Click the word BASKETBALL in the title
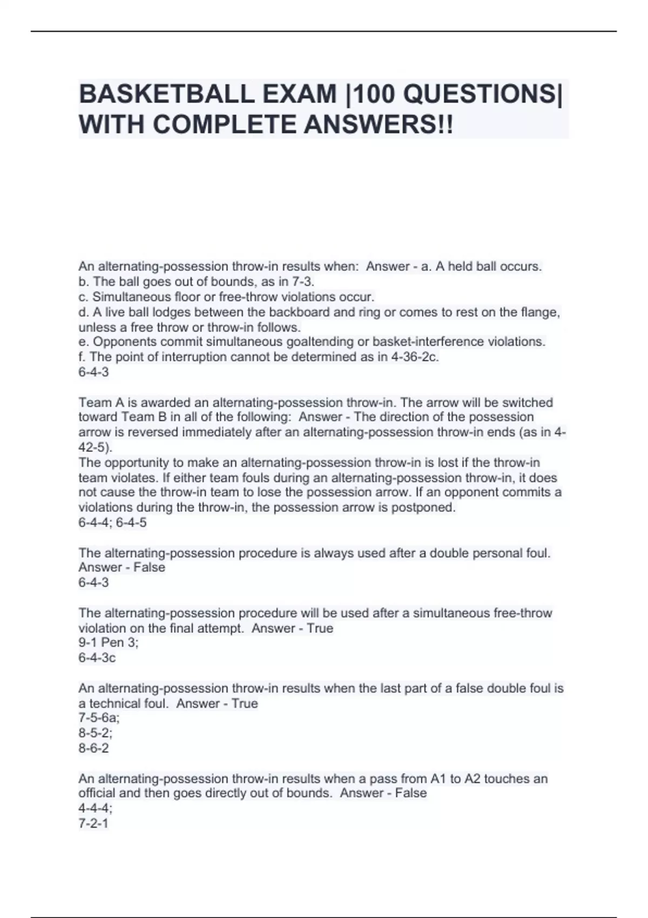(x=166, y=94)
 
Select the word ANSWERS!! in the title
(x=378, y=125)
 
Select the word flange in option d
(x=536, y=312)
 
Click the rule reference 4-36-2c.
(x=414, y=357)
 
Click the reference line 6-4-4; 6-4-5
(x=112, y=523)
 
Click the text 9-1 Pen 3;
(x=109, y=643)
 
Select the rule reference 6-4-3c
(x=97, y=658)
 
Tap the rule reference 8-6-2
(x=93, y=748)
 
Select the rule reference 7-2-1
(x=93, y=823)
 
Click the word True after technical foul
(x=244, y=704)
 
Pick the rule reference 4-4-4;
(x=96, y=808)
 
